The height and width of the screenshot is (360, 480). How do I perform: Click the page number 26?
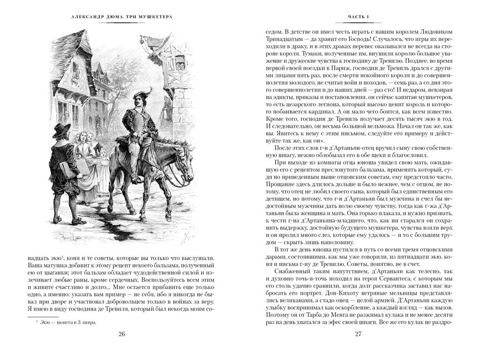click(x=122, y=334)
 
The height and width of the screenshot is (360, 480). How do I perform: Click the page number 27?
click(x=358, y=334)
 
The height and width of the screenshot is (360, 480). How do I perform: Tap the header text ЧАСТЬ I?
click(x=358, y=17)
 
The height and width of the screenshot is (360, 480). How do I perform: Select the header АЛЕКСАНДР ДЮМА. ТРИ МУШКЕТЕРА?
click(x=121, y=17)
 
